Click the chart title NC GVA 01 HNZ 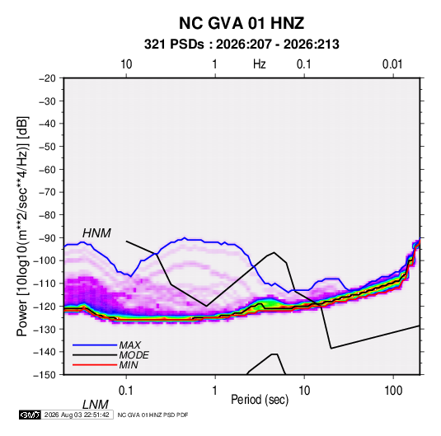[242, 23]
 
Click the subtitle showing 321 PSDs [242, 45]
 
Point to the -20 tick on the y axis [48, 78]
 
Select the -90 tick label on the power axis [48, 238]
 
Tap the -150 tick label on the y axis [45, 375]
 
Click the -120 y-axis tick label [45, 307]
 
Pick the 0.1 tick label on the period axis [126, 390]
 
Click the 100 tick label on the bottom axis [393, 390]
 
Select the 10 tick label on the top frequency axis [126, 64]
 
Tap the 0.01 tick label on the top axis [392, 64]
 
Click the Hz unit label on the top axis [260, 64]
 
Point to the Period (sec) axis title [260, 400]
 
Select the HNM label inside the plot [96, 233]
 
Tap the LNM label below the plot [96, 405]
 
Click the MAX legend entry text [130, 345]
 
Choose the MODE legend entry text [134, 355]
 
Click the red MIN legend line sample [95, 365]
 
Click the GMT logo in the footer [30, 415]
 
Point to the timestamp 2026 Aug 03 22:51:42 [77, 415]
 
